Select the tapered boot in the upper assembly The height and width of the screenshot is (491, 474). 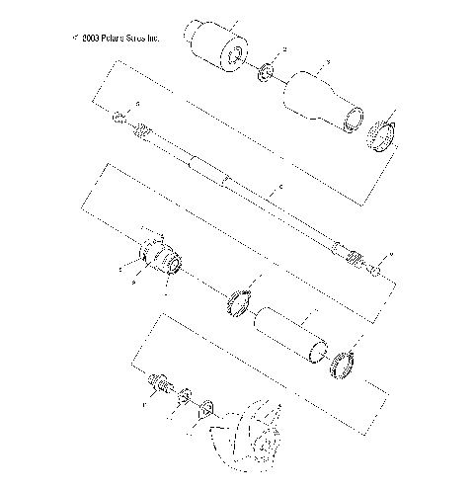point(319,97)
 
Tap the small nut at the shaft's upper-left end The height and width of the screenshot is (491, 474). point(118,119)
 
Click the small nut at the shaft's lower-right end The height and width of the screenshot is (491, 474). point(376,269)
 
